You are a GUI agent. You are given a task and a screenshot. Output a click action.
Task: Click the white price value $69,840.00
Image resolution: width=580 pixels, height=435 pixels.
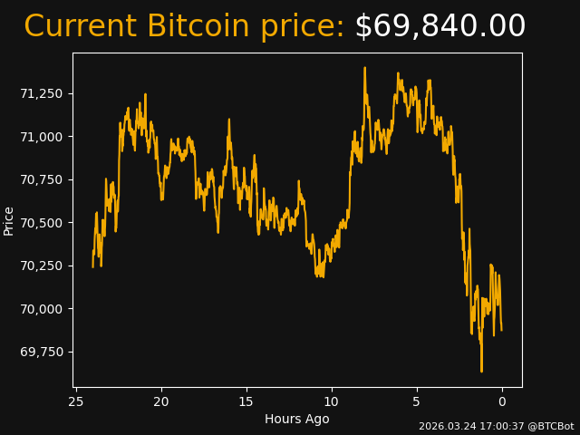click(440, 27)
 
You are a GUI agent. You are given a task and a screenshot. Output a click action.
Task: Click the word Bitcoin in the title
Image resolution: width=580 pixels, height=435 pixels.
click(198, 27)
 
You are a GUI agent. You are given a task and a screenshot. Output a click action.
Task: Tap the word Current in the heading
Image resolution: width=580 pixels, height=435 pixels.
click(80, 27)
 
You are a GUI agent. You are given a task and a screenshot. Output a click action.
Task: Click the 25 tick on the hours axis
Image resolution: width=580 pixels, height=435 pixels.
click(76, 401)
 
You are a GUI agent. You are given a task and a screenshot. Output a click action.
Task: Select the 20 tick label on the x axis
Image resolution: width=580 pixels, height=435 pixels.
click(161, 401)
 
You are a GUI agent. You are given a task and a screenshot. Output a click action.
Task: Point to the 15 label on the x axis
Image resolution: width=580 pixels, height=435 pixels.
click(246, 401)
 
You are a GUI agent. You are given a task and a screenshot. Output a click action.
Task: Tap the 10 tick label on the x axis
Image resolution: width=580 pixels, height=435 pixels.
click(332, 401)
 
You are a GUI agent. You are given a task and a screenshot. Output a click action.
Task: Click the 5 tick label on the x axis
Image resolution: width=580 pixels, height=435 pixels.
click(417, 401)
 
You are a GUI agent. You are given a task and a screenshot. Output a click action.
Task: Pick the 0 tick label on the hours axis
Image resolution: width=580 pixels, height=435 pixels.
click(502, 401)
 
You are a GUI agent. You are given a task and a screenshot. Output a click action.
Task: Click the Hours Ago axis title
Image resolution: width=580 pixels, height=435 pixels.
click(296, 419)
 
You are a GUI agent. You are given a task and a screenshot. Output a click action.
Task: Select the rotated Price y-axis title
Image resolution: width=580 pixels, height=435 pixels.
click(9, 220)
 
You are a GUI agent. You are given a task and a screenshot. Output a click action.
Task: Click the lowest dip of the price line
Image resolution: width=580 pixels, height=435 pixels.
click(481, 371)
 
